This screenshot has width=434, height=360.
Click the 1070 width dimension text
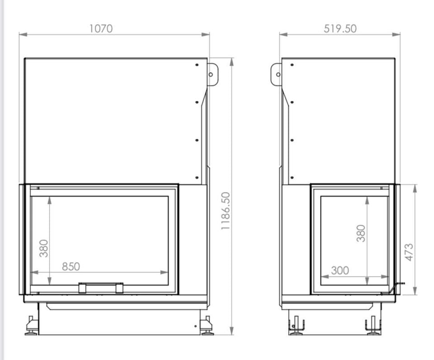tap(101, 28)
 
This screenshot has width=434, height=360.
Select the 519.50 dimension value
tap(340, 28)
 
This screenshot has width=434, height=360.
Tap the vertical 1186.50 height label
tap(226, 210)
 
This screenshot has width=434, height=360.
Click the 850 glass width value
tap(71, 266)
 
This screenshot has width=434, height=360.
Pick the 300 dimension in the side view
tap(340, 270)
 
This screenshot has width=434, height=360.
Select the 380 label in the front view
tap(44, 248)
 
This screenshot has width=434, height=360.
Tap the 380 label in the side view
tap(361, 233)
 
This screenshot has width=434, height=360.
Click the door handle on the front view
tap(101, 287)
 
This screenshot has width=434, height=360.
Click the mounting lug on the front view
tap(212, 74)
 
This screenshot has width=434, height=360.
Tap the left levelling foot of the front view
tap(32, 326)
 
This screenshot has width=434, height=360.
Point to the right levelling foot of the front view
tap(207, 326)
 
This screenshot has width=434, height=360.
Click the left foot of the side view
tap(296, 326)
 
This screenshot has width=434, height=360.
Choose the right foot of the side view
tap(373, 326)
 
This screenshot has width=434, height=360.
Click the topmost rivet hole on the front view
tap(197, 65)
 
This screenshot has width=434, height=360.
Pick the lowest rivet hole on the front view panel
tap(197, 177)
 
